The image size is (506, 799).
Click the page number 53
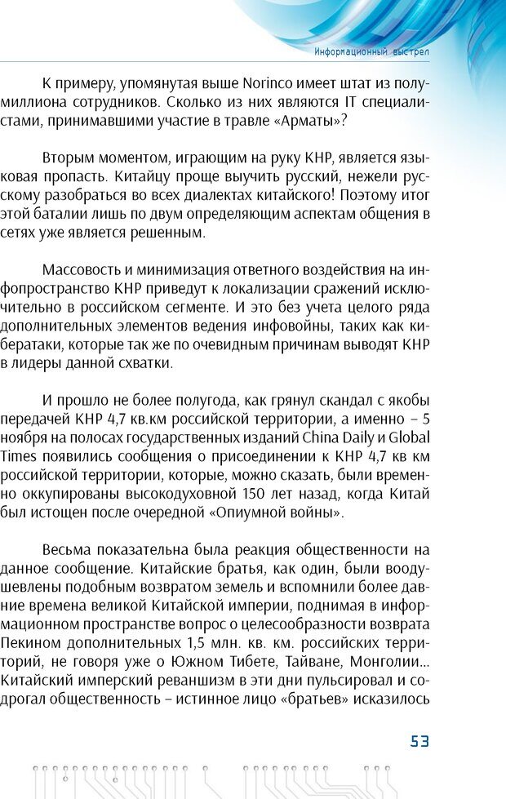(419, 741)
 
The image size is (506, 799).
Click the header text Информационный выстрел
(372, 51)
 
